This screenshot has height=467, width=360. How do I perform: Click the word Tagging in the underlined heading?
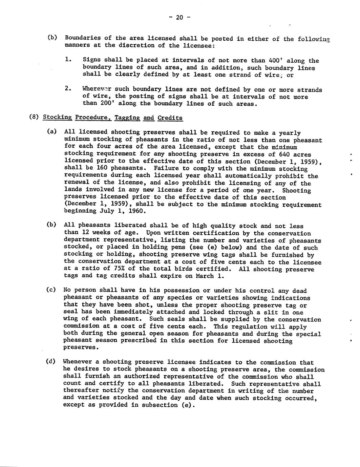click(127, 118)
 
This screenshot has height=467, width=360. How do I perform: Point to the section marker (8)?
click(34, 118)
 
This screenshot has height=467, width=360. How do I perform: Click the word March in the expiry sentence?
click(205, 276)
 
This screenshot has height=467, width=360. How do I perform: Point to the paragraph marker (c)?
click(50, 290)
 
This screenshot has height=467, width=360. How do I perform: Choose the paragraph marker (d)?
click(50, 361)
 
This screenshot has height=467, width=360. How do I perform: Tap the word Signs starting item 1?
click(91, 60)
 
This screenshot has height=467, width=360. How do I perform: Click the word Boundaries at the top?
click(83, 39)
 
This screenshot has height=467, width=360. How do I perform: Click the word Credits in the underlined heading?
click(170, 118)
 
